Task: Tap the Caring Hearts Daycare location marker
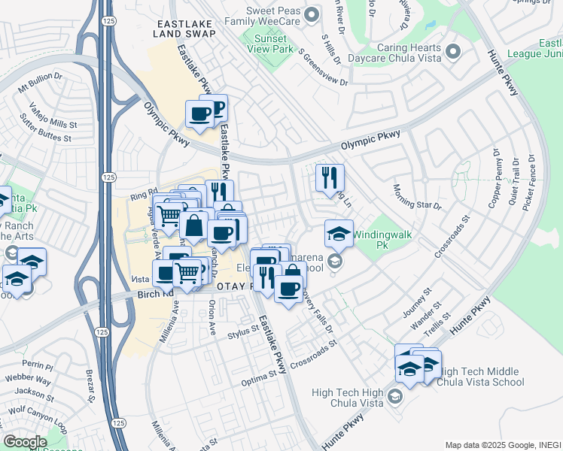(x=452, y=52)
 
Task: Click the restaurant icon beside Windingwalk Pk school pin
(x=330, y=178)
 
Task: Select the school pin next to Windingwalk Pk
(x=339, y=232)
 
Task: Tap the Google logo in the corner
(x=25, y=442)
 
